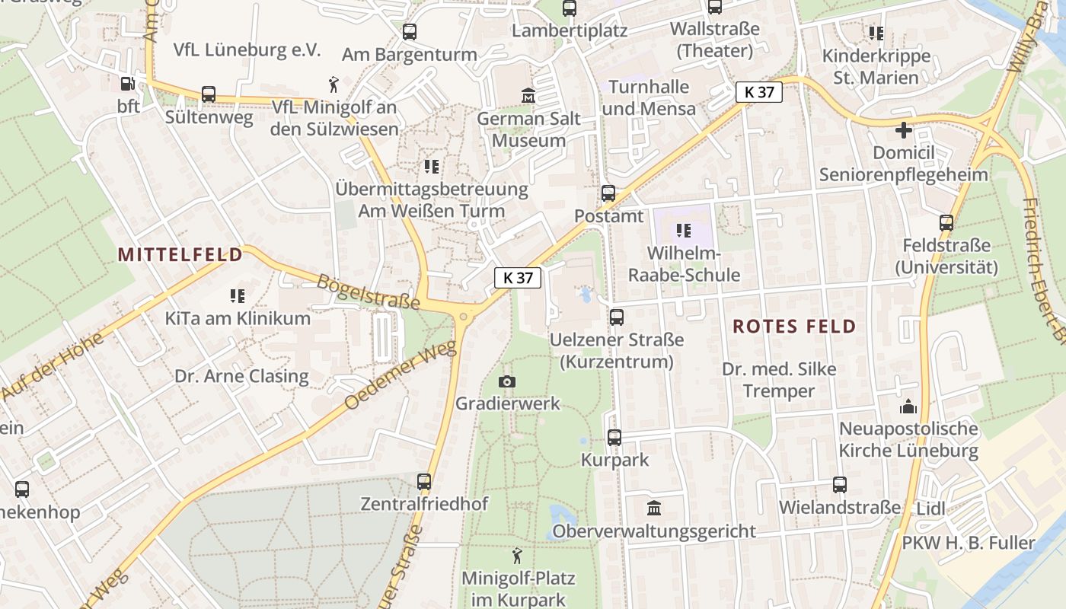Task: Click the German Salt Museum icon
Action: (x=528, y=96)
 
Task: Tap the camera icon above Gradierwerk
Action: (x=506, y=381)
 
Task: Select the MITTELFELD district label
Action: (x=180, y=255)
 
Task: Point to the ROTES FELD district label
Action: (x=794, y=327)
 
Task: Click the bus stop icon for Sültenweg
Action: (x=209, y=94)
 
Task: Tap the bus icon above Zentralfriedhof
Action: (x=424, y=481)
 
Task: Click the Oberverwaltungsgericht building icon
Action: (x=653, y=508)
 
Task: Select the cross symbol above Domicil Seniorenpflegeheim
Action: (x=904, y=130)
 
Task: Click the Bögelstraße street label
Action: (x=369, y=292)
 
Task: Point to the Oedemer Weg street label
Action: (x=401, y=375)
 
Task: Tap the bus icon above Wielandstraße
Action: (x=839, y=484)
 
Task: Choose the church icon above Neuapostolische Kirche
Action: (x=908, y=407)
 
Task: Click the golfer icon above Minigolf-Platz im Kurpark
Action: (x=518, y=555)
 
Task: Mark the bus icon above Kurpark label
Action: (x=614, y=437)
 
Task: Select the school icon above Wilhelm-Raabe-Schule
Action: (x=683, y=230)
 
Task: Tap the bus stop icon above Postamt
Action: (x=608, y=193)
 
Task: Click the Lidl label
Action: (x=930, y=509)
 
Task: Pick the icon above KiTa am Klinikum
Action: (x=238, y=295)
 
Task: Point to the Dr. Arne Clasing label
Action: (x=241, y=376)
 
